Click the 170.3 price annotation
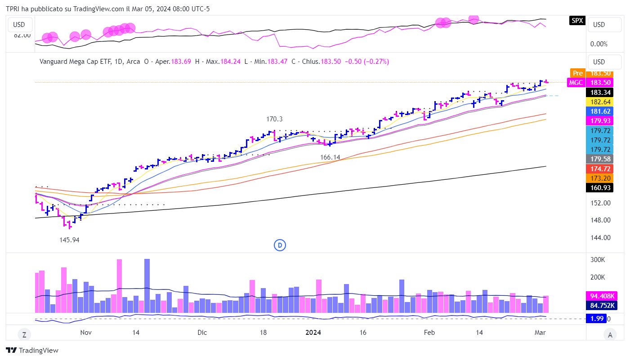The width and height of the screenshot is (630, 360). (275, 119)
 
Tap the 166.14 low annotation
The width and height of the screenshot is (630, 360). (331, 157)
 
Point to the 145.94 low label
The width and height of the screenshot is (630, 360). (69, 240)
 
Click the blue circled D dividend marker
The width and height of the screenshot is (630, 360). (280, 245)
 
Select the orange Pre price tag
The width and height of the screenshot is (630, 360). (577, 73)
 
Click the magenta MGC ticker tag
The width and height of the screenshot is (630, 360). (576, 82)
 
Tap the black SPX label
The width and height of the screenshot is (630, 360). (577, 20)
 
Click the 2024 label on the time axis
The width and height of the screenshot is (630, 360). (313, 333)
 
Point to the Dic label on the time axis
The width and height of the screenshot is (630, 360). (202, 333)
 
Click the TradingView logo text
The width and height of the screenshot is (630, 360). (39, 351)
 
